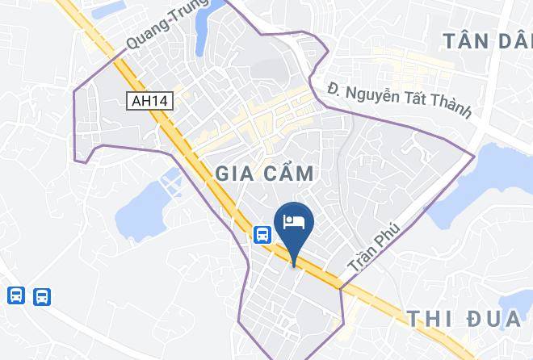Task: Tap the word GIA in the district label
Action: coord(235,173)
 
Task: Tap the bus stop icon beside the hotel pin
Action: coord(262,234)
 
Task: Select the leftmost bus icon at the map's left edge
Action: coord(15,296)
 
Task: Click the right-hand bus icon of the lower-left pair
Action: coord(42,296)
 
